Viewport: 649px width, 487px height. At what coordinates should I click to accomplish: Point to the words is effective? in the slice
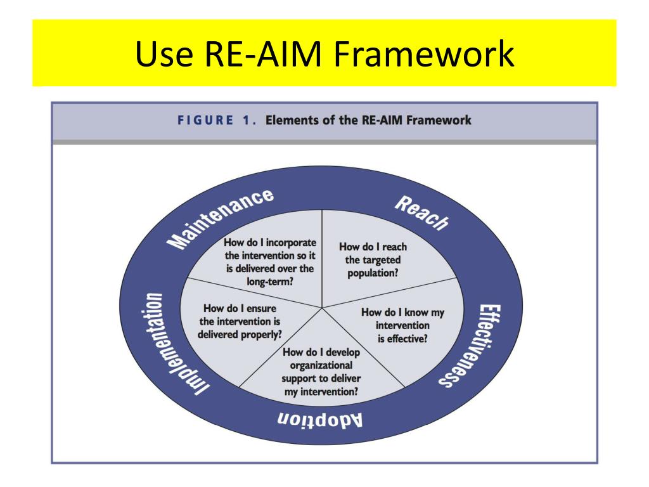tap(402, 338)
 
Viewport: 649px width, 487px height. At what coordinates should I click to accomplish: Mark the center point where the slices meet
tap(323, 308)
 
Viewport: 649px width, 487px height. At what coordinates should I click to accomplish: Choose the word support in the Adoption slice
tap(300, 379)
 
